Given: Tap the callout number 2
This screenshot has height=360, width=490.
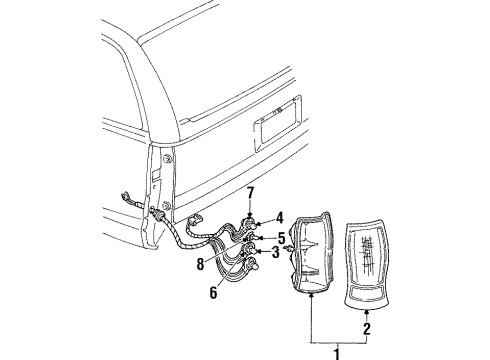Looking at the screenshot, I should (x=367, y=326).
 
